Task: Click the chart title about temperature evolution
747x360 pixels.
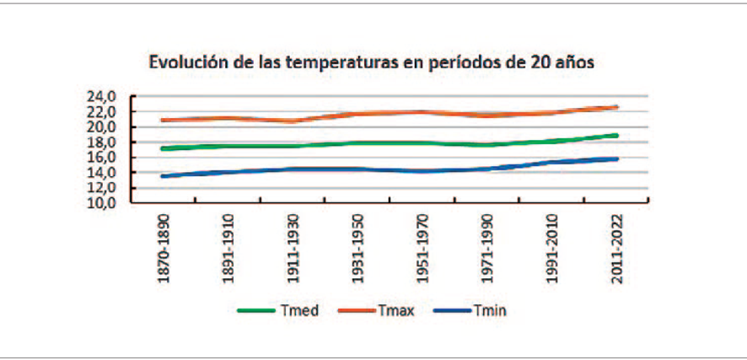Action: [x=372, y=63]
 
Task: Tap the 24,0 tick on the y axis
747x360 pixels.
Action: [x=102, y=97]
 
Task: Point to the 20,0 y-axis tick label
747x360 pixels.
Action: [x=102, y=127]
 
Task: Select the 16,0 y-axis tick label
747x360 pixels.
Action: [x=102, y=158]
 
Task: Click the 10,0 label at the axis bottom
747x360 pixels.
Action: [x=102, y=203]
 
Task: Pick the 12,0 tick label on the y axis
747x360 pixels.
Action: [x=102, y=188]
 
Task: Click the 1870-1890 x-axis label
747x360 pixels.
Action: [x=164, y=249]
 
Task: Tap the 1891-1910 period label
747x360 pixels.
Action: [x=228, y=249]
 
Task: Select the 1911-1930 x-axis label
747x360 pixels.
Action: [x=293, y=249]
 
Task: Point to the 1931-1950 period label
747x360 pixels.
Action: [x=357, y=249]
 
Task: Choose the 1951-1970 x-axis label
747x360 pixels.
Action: [x=422, y=249]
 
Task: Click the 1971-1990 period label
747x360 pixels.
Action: [x=487, y=249]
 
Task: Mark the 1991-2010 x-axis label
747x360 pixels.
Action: [x=552, y=249]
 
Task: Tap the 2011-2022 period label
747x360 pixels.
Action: [x=617, y=249]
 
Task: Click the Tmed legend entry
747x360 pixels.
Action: [x=278, y=311]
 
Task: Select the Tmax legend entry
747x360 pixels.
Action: [x=376, y=311]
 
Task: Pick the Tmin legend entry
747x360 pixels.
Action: [x=470, y=311]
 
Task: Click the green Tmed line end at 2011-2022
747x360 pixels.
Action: [x=616, y=136]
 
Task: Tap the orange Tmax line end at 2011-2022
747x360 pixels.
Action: [x=616, y=108]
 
